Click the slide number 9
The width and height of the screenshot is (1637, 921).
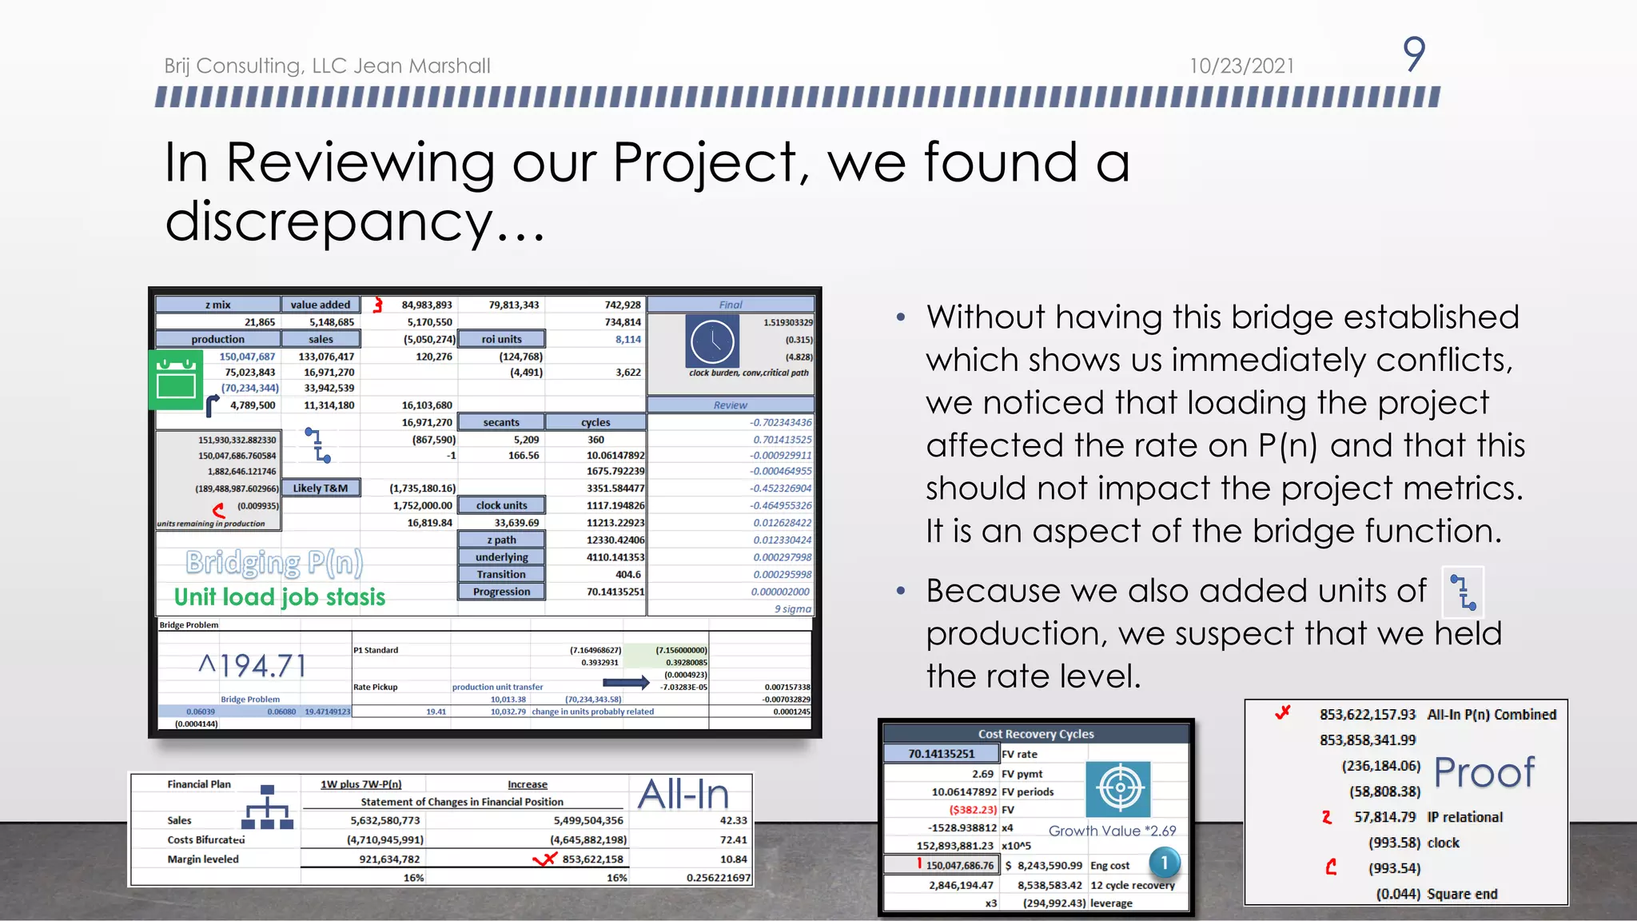1413,54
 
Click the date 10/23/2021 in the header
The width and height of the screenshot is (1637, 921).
1241,66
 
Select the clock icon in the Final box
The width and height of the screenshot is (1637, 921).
712,341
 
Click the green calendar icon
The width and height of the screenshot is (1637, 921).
177,380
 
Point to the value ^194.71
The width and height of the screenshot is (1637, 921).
253,665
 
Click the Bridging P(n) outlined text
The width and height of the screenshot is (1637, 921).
274,563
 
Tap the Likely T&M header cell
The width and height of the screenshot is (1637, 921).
321,488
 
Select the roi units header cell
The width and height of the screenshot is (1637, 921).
501,339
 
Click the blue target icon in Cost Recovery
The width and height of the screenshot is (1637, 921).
1119,788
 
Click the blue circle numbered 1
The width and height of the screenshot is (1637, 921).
1164,863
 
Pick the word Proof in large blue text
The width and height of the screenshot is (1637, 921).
1484,772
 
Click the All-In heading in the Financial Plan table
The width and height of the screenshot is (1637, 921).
683,795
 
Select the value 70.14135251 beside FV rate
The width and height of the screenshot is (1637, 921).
942,754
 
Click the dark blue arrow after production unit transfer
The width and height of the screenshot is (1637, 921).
625,682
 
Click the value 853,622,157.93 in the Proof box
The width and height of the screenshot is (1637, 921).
1367,715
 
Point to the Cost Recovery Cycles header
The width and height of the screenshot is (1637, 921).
1035,734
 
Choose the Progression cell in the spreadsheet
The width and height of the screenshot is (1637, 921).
501,592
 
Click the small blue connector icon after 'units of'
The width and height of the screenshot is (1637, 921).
1463,592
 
